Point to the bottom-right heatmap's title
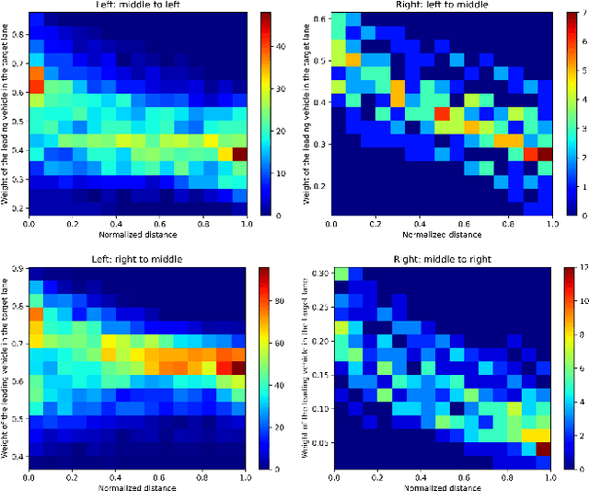(x=440, y=259)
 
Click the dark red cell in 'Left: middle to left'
(x=238, y=153)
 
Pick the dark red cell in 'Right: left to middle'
(x=544, y=153)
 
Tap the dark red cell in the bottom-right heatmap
(x=544, y=450)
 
